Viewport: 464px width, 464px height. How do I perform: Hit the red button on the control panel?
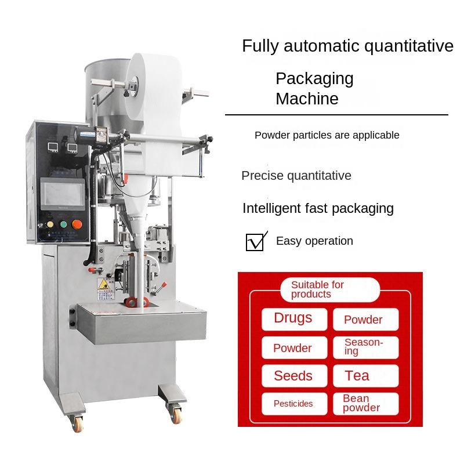point(76,224)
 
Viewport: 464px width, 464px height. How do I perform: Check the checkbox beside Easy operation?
point(255,242)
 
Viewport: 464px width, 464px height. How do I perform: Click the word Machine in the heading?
point(307,99)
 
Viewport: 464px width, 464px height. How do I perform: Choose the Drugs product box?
point(294,318)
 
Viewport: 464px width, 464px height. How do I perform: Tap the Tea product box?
point(365,376)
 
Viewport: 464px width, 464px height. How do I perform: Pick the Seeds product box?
point(294,376)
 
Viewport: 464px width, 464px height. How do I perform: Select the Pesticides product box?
point(294,404)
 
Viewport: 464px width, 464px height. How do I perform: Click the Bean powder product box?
point(365,403)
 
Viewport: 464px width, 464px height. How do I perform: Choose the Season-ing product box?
point(365,347)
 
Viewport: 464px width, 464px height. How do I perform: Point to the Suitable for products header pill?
point(329,289)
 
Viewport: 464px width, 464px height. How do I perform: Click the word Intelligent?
point(270,208)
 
